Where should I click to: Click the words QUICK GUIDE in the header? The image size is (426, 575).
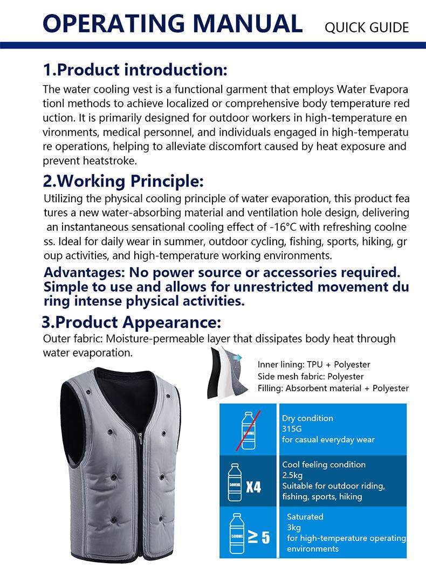coord(367,27)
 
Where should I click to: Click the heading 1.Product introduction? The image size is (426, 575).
coord(135,70)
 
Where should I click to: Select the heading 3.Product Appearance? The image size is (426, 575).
coord(131,323)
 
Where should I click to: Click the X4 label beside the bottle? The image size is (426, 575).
coord(253,487)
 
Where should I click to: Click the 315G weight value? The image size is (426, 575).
coord(292,429)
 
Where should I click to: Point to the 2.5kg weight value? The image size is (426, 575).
coord(292,475)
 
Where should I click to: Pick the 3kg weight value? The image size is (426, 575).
coord(293,527)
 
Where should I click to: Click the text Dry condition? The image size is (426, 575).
coord(307,418)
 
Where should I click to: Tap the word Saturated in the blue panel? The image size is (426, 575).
coord(305,516)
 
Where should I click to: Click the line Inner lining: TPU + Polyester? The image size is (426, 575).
coord(314,365)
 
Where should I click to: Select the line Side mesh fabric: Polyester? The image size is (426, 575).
coord(311,376)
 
